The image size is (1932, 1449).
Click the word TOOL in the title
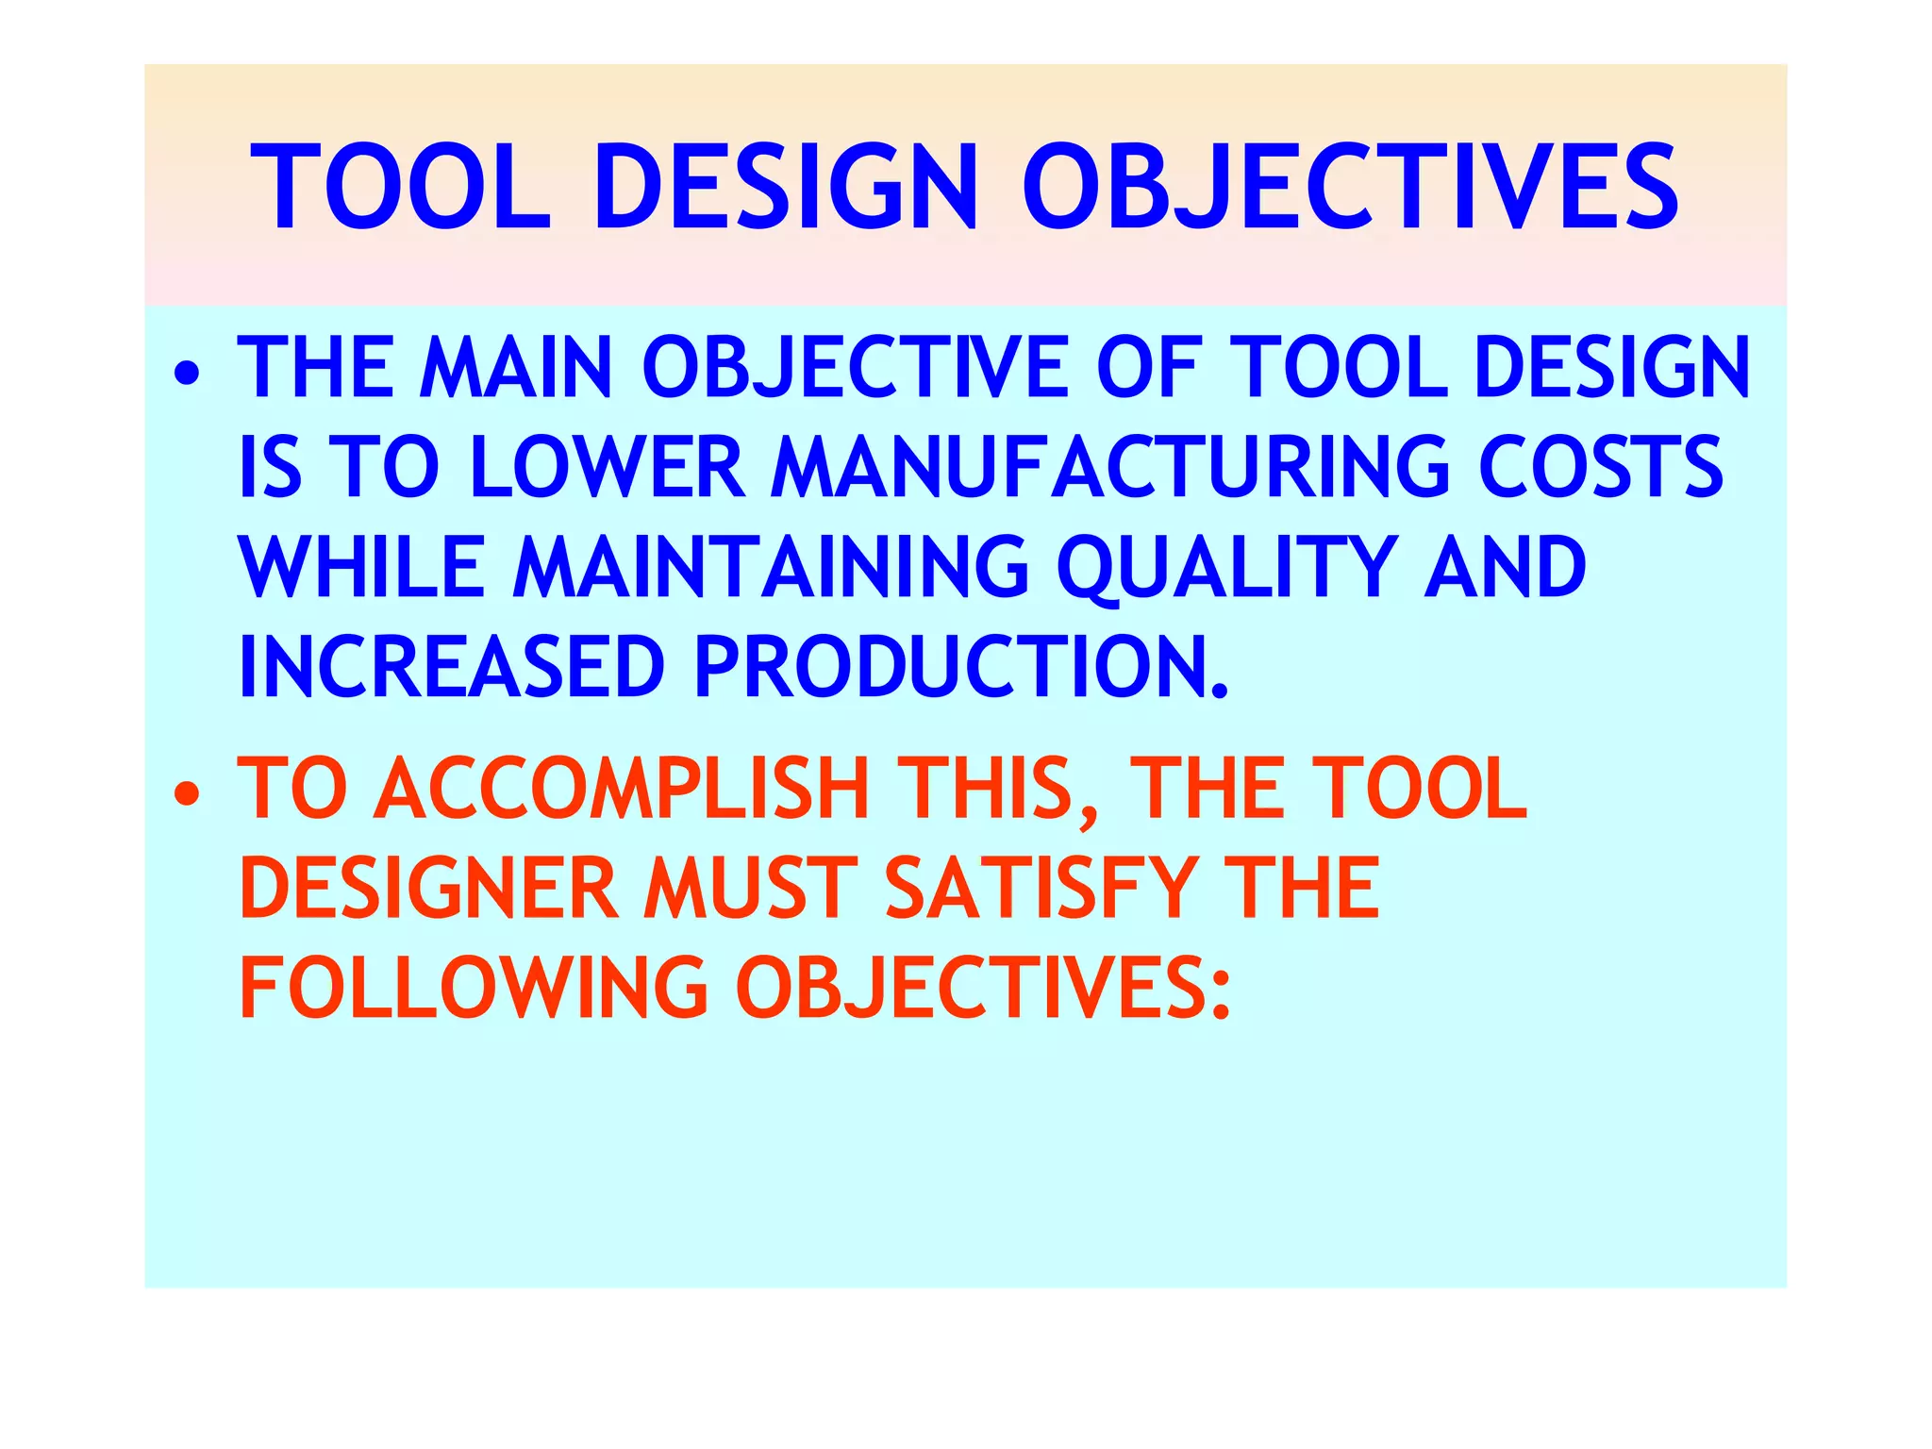pyautogui.click(x=401, y=187)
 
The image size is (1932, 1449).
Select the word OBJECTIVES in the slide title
pyautogui.click(x=1350, y=187)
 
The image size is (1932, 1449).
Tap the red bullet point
pyautogui.click(x=187, y=794)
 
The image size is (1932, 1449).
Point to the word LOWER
pyautogui.click(x=608, y=468)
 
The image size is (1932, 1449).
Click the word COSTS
pyautogui.click(x=1601, y=468)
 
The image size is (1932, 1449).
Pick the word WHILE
pyautogui.click(x=362, y=568)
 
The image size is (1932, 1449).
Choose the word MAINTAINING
pyautogui.click(x=771, y=568)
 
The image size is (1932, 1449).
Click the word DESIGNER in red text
pyautogui.click(x=429, y=889)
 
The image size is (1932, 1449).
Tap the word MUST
pyautogui.click(x=751, y=889)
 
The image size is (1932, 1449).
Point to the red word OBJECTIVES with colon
pyautogui.click(x=984, y=989)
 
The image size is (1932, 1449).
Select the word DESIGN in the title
pyautogui.click(x=786, y=187)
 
